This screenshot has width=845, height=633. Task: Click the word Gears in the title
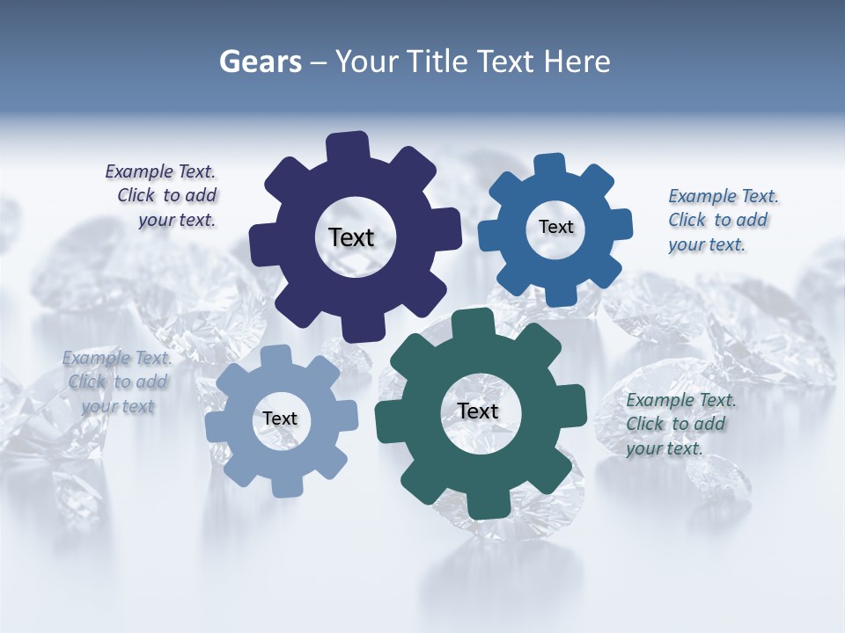point(261,62)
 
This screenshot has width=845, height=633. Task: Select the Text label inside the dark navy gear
point(351,237)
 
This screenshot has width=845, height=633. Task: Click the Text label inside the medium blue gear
point(555,227)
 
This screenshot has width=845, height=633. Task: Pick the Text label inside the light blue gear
point(280,418)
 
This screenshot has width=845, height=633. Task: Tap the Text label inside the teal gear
point(478,411)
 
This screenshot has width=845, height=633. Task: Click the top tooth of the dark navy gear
point(347,146)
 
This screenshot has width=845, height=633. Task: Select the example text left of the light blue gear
point(117,382)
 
